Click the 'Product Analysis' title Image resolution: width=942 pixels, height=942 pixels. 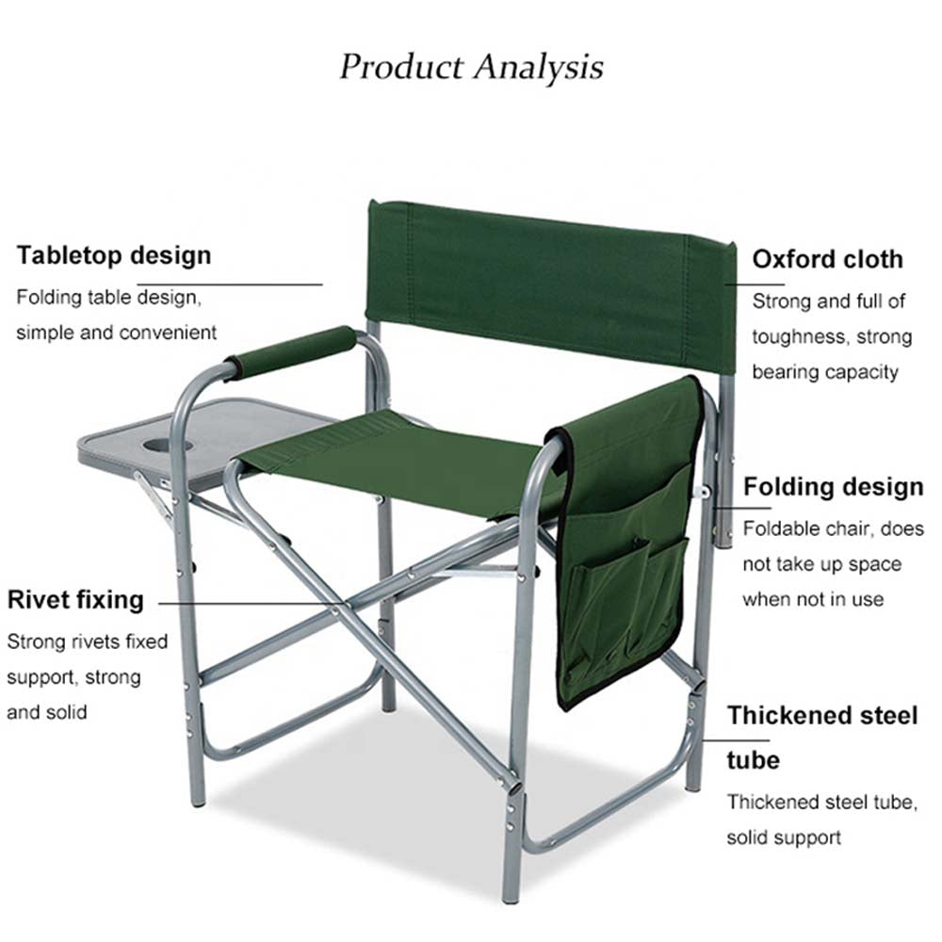click(471, 68)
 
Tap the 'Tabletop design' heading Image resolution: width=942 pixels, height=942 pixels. click(114, 255)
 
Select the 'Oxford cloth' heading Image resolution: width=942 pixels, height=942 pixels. click(826, 259)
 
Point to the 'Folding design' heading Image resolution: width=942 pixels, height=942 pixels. click(833, 487)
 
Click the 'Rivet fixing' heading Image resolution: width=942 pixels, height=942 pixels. click(75, 600)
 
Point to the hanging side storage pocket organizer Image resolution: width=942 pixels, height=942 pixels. click(626, 546)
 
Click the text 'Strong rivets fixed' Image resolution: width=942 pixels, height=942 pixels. click(87, 642)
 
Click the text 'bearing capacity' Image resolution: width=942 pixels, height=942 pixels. click(824, 372)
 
